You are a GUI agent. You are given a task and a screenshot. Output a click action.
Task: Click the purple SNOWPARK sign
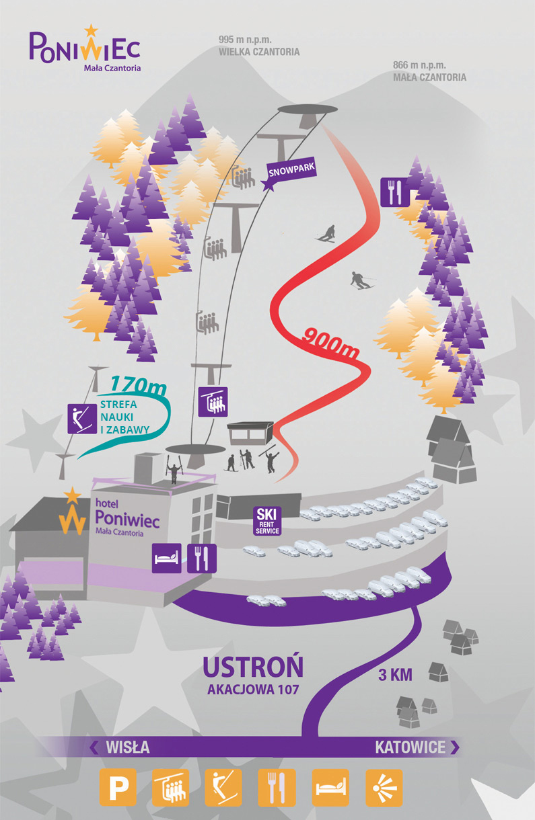click(x=291, y=170)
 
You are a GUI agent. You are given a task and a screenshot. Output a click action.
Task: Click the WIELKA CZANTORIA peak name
click(x=259, y=52)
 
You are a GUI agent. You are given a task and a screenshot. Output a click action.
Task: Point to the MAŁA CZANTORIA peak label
click(x=429, y=77)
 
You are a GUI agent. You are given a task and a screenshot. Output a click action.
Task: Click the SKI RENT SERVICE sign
click(x=266, y=521)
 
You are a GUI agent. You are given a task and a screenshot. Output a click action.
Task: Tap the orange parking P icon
click(x=118, y=787)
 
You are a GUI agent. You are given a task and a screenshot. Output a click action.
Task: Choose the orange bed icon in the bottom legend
click(x=330, y=787)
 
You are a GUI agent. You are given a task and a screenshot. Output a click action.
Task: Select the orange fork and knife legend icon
click(x=277, y=787)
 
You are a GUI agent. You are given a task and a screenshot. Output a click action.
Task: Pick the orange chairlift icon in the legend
click(x=170, y=787)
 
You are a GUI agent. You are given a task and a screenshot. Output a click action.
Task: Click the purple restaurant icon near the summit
click(x=395, y=192)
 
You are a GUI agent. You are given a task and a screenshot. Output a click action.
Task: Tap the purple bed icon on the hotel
click(x=166, y=558)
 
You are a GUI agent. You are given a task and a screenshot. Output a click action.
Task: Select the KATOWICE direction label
click(x=410, y=747)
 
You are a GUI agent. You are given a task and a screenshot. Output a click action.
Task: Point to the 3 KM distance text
click(x=395, y=674)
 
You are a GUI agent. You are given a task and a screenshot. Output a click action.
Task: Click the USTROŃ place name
click(x=253, y=667)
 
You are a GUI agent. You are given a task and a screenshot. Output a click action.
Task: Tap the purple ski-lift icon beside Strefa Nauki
click(x=81, y=418)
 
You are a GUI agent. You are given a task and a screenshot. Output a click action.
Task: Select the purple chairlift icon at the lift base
click(x=214, y=402)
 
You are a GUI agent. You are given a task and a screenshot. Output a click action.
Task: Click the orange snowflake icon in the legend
click(x=384, y=787)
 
